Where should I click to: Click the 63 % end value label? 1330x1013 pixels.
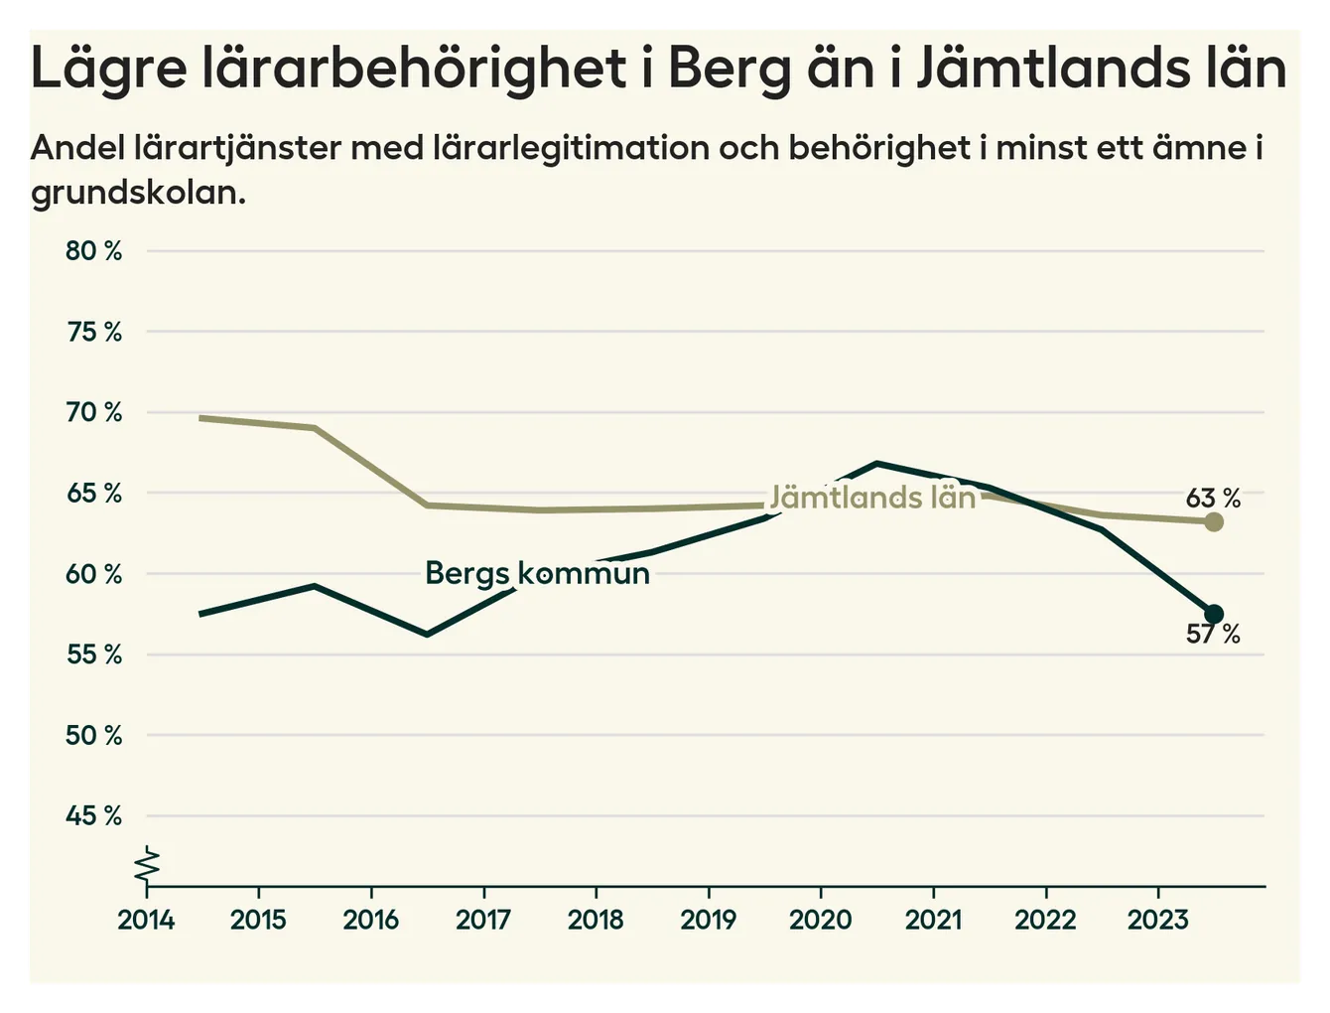pos(1213,498)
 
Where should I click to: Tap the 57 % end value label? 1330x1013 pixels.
pos(1213,634)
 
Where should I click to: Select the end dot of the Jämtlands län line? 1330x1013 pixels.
pos(1213,521)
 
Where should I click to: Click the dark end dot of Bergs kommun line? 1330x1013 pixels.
pos(1213,614)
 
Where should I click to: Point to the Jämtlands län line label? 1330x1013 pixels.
pos(872,497)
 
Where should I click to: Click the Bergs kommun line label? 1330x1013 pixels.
pos(537,573)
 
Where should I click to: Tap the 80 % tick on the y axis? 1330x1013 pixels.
pos(94,251)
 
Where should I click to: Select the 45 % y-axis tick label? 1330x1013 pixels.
pos(94,816)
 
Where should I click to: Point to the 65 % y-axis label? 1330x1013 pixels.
pos(94,494)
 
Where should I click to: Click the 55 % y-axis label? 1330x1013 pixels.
pos(94,655)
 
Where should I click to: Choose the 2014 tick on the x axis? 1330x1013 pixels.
pos(146,920)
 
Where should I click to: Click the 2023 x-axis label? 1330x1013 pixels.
pos(1157,920)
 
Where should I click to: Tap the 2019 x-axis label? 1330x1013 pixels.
pos(708,920)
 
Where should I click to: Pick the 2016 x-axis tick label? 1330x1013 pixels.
pos(370,920)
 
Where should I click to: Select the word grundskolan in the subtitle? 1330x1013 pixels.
pos(138,192)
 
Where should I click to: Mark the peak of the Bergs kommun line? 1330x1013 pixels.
pos(876,464)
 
